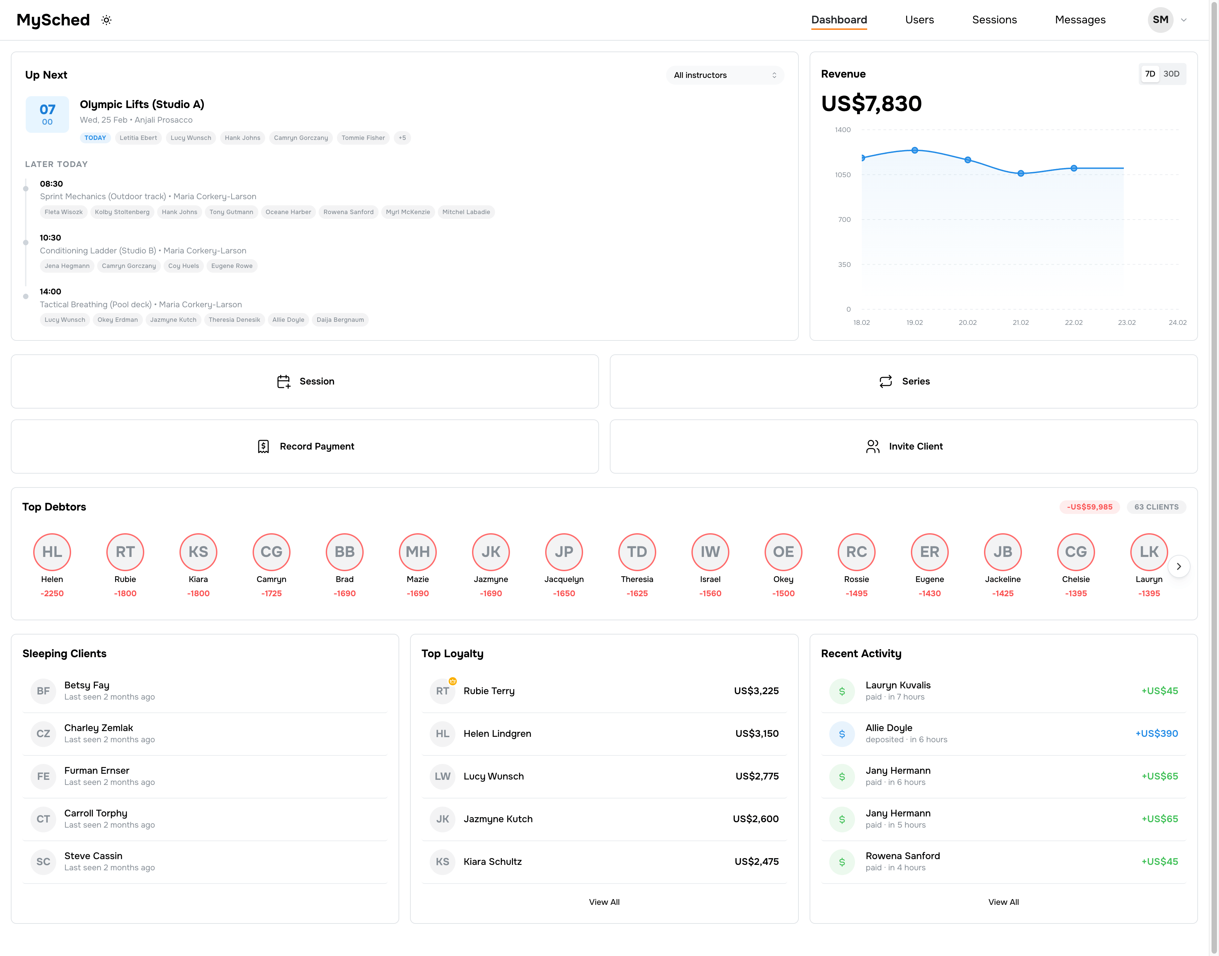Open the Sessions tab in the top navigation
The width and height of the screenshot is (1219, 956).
point(994,20)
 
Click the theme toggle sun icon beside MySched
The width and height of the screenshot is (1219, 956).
point(106,20)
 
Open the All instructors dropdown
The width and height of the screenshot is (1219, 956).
point(725,75)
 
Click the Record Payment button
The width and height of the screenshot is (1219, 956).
point(305,446)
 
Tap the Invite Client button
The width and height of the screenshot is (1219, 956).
point(903,446)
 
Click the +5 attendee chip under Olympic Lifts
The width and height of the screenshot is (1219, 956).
point(402,138)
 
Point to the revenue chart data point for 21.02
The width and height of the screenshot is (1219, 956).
point(1020,173)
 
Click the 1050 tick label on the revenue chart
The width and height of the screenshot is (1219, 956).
point(842,174)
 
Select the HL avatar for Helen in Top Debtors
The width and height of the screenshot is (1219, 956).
point(52,552)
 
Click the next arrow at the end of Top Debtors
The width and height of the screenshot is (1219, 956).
point(1178,566)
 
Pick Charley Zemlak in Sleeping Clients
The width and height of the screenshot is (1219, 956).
point(99,728)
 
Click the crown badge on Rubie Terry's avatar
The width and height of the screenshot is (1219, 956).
point(453,681)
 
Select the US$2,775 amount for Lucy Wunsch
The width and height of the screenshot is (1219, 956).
point(756,776)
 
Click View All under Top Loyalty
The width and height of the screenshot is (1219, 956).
point(604,902)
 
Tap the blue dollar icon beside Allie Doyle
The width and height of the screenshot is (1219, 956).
point(841,734)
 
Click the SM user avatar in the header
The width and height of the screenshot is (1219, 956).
point(1160,20)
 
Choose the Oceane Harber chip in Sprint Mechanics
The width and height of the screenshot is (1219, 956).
point(288,212)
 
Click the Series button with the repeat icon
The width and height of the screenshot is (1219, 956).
point(903,381)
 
